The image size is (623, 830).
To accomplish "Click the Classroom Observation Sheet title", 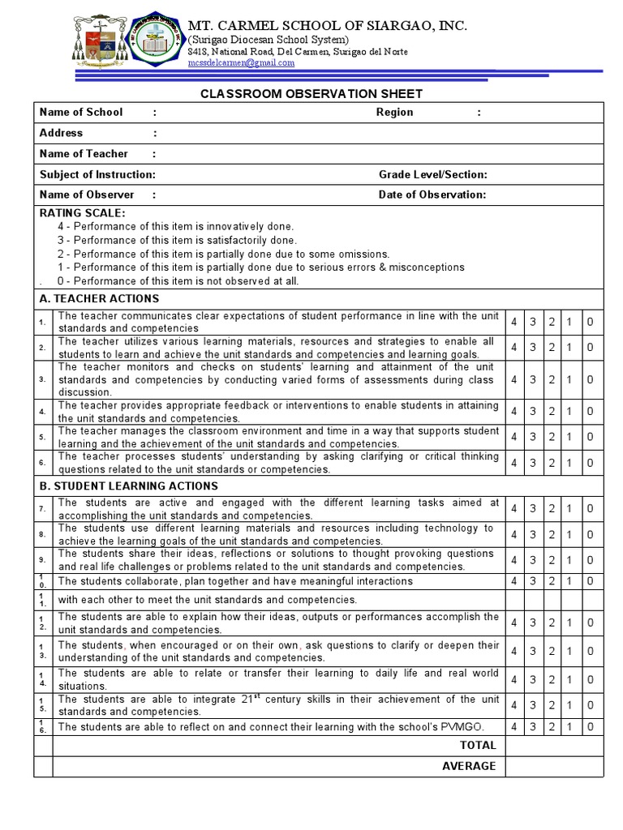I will [x=311, y=94].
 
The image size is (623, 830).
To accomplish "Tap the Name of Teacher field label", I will [x=84, y=154].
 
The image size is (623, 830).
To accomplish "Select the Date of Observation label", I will [x=432, y=195].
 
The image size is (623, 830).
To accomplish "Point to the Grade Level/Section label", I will [x=432, y=174].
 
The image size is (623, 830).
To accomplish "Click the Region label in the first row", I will [x=394, y=113].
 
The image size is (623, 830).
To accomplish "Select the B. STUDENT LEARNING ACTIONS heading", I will [x=128, y=486].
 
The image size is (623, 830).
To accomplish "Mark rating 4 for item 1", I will [x=514, y=323].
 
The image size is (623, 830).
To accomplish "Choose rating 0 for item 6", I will [x=590, y=464].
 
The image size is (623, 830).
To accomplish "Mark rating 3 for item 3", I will [x=533, y=379].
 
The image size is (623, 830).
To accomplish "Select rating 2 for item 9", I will [x=552, y=560].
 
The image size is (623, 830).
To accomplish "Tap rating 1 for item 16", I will [x=570, y=727].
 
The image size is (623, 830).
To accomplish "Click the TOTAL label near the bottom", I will [x=478, y=746].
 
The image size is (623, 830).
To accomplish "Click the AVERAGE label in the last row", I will [x=469, y=766].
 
